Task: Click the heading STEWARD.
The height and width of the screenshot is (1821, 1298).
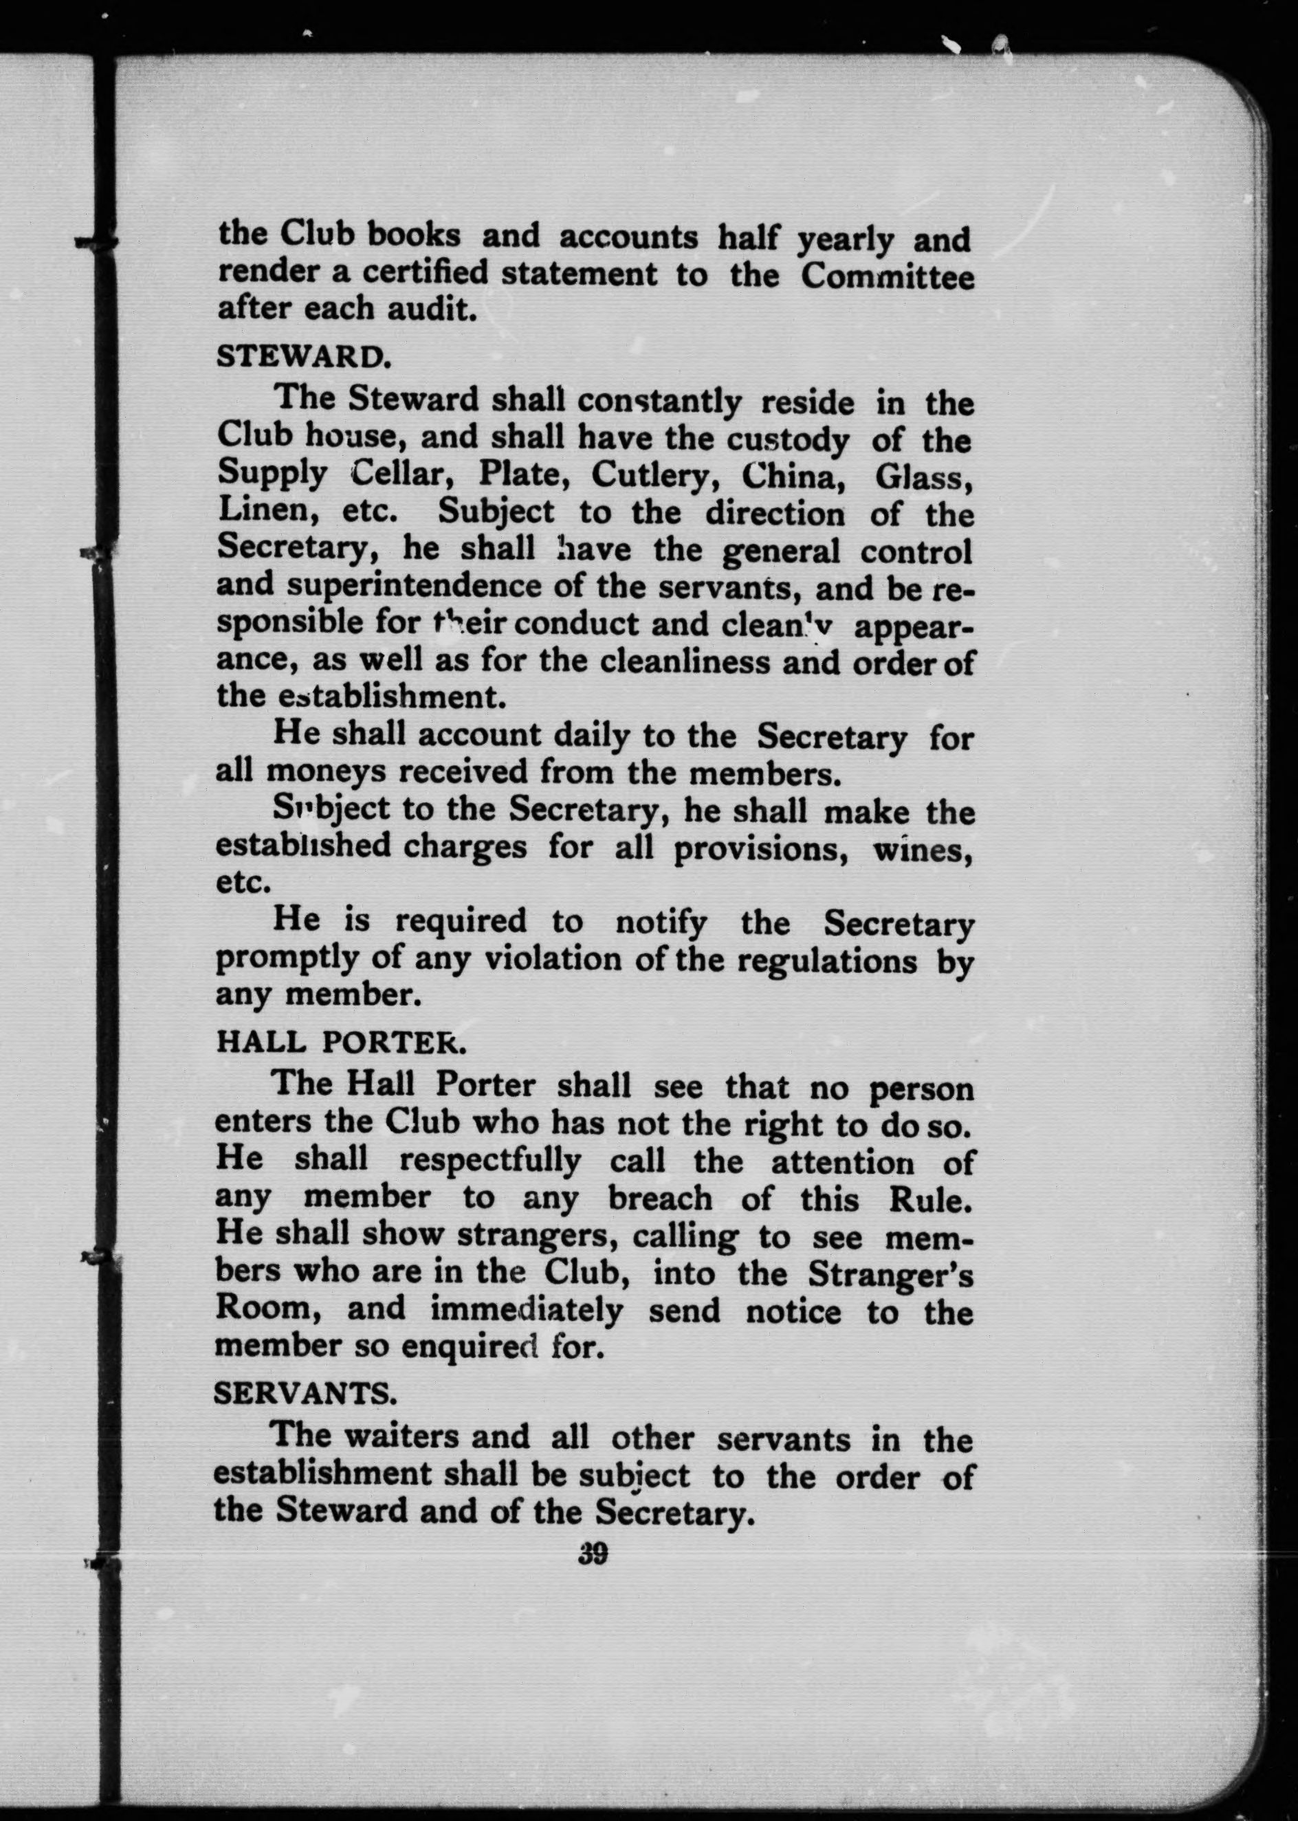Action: coord(303,356)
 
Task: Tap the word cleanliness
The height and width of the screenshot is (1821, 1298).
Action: coord(685,662)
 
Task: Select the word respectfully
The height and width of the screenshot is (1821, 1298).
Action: coord(490,1161)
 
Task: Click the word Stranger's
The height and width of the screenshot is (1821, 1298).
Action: coord(890,1274)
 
